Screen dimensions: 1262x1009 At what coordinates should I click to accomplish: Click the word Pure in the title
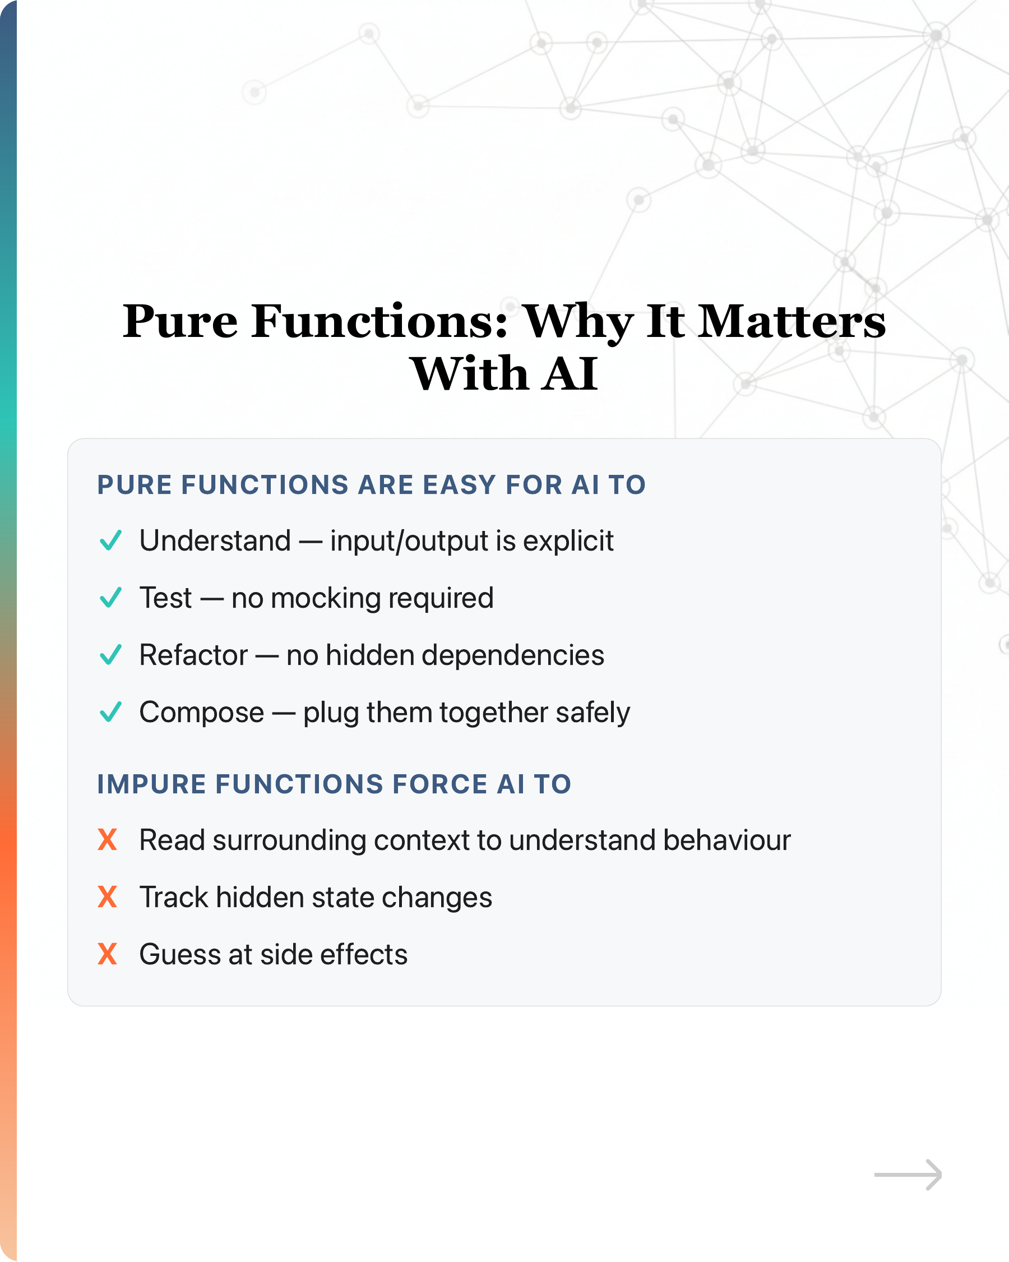tap(180, 321)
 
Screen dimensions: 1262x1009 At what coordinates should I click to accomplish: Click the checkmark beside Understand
tap(110, 540)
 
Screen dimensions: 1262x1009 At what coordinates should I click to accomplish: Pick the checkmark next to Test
tap(110, 598)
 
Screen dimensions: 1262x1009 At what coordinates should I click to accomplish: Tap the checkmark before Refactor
tap(110, 655)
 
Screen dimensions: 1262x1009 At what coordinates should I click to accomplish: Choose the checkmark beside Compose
tap(110, 713)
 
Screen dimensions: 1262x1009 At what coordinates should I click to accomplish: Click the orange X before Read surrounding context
tap(108, 840)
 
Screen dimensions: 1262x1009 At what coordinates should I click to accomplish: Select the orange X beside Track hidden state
tap(108, 897)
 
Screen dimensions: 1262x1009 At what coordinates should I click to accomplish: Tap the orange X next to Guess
tap(108, 954)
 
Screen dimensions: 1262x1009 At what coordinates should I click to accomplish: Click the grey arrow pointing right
tap(908, 1175)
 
